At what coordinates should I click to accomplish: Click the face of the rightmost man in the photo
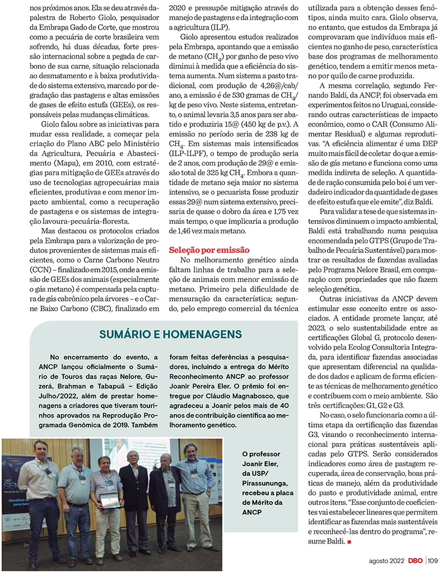pos(190,451)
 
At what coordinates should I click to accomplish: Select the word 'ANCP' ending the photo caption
pos(252,512)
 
